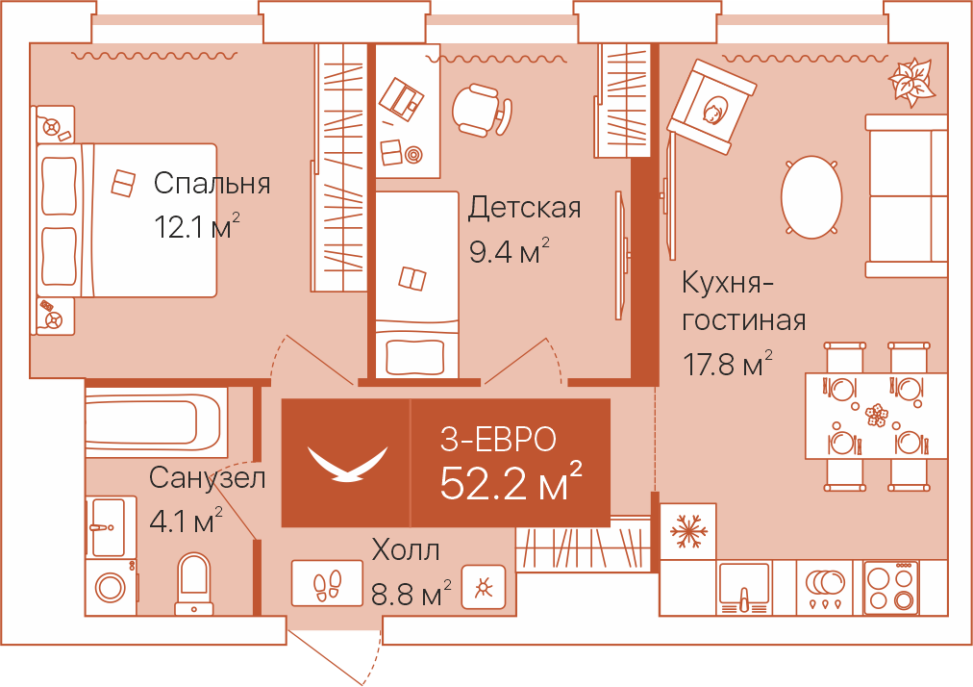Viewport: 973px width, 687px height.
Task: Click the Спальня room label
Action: point(212,183)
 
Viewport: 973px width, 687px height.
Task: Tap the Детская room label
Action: point(524,208)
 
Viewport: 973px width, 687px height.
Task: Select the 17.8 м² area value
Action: point(728,366)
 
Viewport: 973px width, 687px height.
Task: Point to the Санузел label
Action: point(207,477)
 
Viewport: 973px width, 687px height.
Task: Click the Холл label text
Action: point(406,551)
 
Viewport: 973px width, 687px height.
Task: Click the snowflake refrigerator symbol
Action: point(687,531)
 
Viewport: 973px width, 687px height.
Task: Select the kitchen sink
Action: point(744,586)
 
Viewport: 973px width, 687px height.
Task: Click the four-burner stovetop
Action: point(891,587)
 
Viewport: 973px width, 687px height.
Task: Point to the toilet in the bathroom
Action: point(194,582)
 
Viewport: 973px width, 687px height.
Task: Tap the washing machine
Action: point(112,586)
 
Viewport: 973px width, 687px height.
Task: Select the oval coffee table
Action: point(811,197)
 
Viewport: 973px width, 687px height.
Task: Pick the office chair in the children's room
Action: point(481,110)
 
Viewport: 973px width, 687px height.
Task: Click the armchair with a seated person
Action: point(713,105)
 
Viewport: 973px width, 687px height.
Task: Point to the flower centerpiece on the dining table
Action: point(875,415)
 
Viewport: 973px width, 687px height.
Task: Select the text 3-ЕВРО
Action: point(498,439)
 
